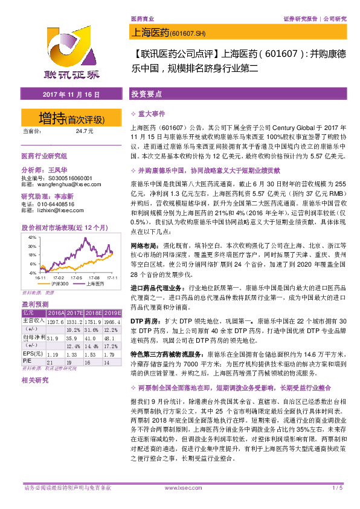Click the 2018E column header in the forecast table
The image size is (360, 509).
(92, 313)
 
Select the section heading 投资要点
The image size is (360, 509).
(147, 94)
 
